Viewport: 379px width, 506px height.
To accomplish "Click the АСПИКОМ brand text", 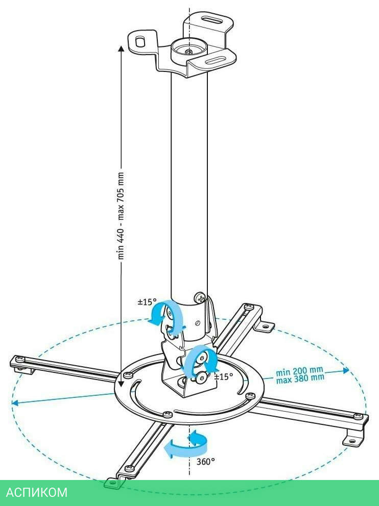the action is (36, 493).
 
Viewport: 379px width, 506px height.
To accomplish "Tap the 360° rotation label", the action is (205, 461).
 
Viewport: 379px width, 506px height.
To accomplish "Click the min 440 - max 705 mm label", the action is (121, 215).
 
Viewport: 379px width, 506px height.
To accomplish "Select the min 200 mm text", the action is (299, 371).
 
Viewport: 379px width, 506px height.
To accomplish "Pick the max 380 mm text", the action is (300, 378).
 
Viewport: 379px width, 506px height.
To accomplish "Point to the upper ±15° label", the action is (147, 302).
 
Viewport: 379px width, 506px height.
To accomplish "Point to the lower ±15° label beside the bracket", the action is (223, 377).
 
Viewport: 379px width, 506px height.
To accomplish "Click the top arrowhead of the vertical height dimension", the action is (121, 49).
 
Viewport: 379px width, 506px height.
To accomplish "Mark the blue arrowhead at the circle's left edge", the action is (15, 403).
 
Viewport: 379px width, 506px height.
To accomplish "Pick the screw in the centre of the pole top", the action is (189, 51).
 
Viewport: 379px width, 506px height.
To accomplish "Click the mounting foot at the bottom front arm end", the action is (113, 482).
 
